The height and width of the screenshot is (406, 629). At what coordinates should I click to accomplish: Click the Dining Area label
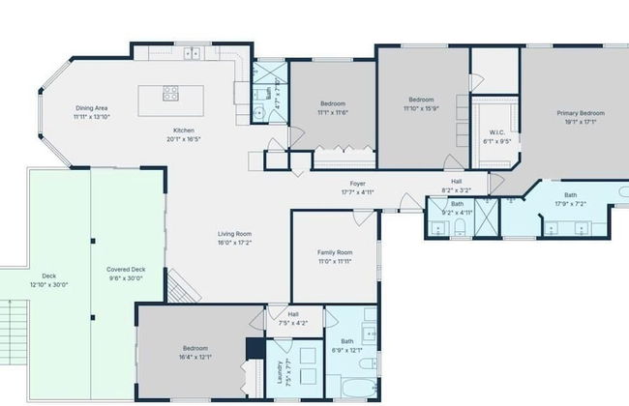tap(92, 107)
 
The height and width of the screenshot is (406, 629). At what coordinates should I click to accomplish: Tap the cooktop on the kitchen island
tap(171, 94)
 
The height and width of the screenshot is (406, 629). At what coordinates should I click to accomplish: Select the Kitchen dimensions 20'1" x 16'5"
tap(185, 138)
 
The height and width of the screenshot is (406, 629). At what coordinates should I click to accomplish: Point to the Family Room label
tap(335, 252)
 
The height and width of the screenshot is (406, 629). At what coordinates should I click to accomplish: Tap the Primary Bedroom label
tap(581, 112)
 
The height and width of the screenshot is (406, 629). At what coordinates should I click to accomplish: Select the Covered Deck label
tap(126, 270)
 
